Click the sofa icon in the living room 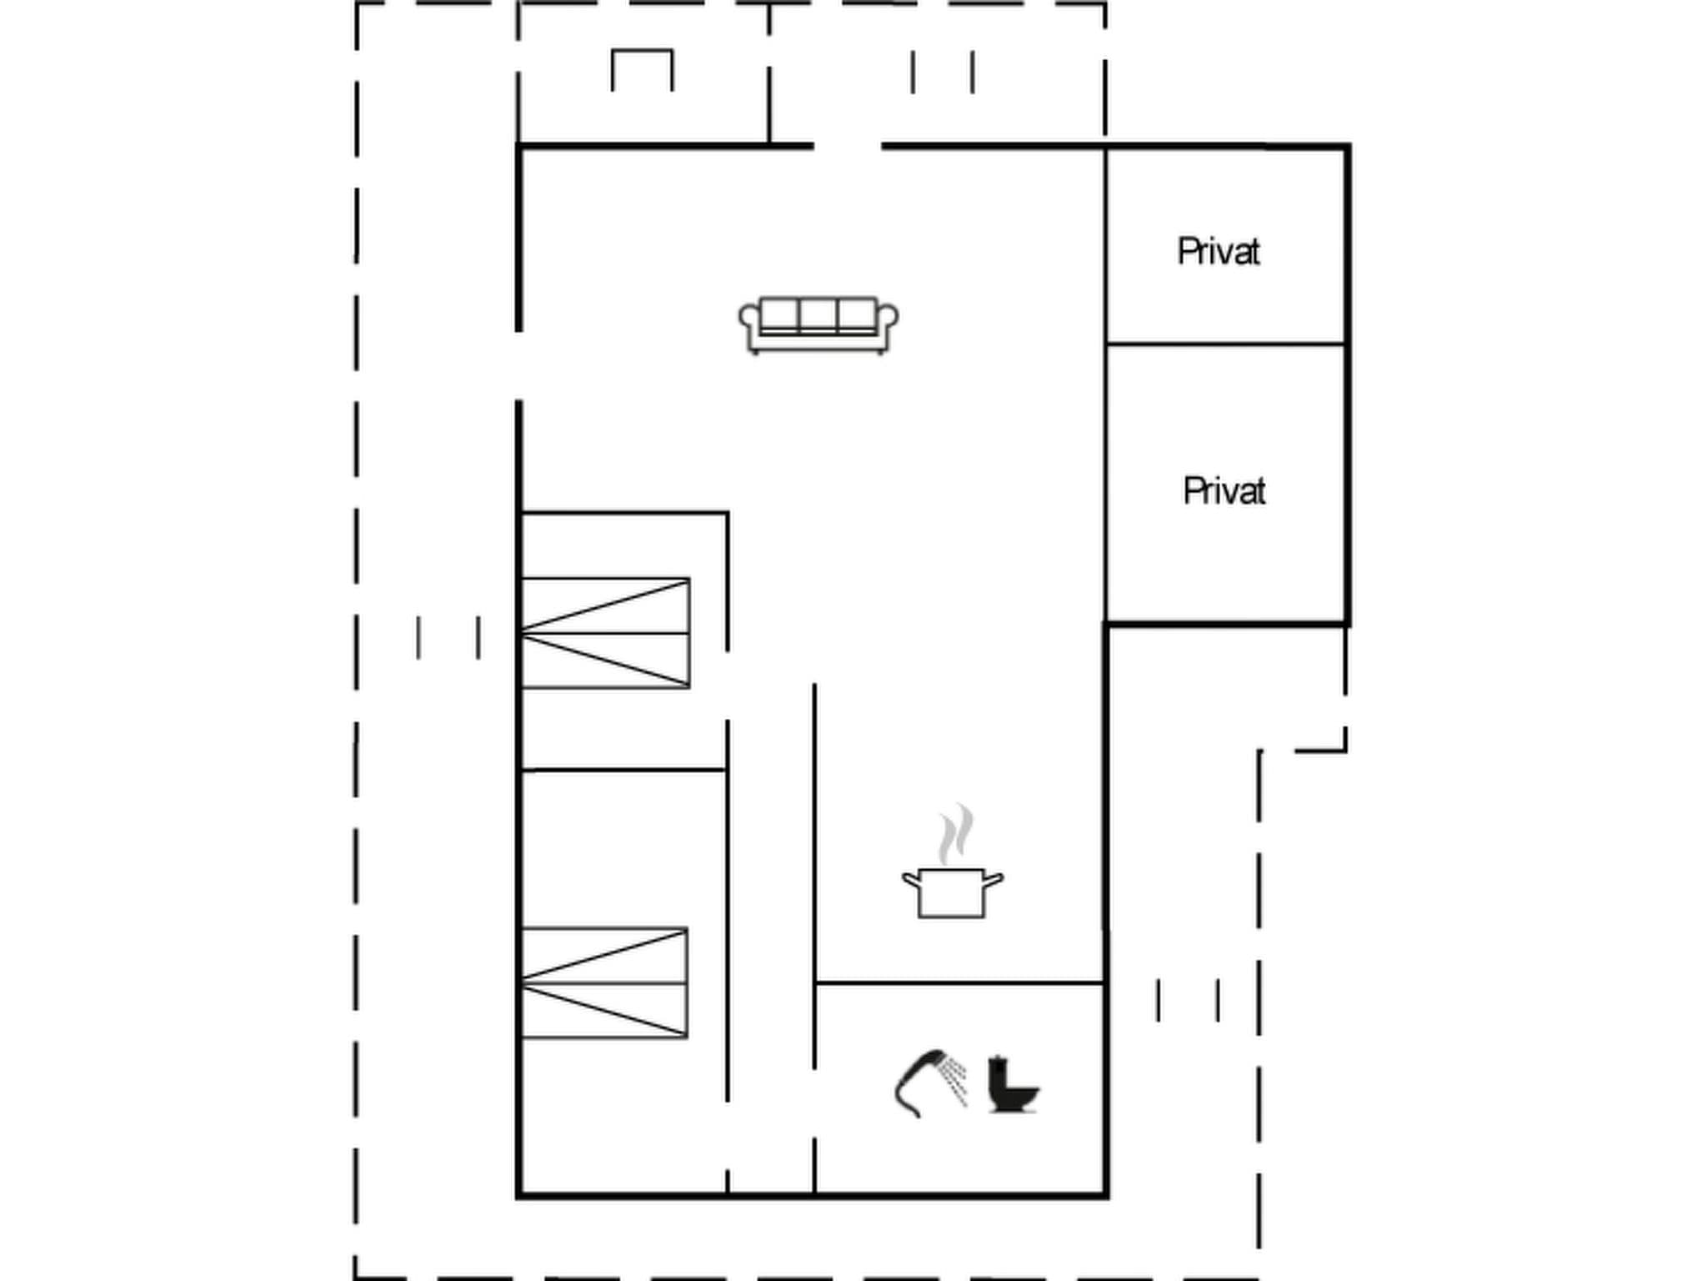click(818, 325)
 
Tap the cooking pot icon click(952, 892)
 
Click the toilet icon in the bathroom click(1011, 1086)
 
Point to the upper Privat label click(1218, 252)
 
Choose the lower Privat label click(1224, 491)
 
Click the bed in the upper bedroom click(606, 633)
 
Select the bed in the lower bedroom click(604, 983)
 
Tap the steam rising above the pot click(955, 834)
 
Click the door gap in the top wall click(848, 147)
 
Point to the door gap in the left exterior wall click(518, 365)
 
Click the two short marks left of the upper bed click(448, 638)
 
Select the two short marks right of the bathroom click(1188, 1000)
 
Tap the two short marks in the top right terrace click(943, 72)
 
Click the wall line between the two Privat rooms click(1225, 344)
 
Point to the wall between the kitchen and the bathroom click(959, 983)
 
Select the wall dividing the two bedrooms click(623, 770)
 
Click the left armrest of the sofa click(749, 319)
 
